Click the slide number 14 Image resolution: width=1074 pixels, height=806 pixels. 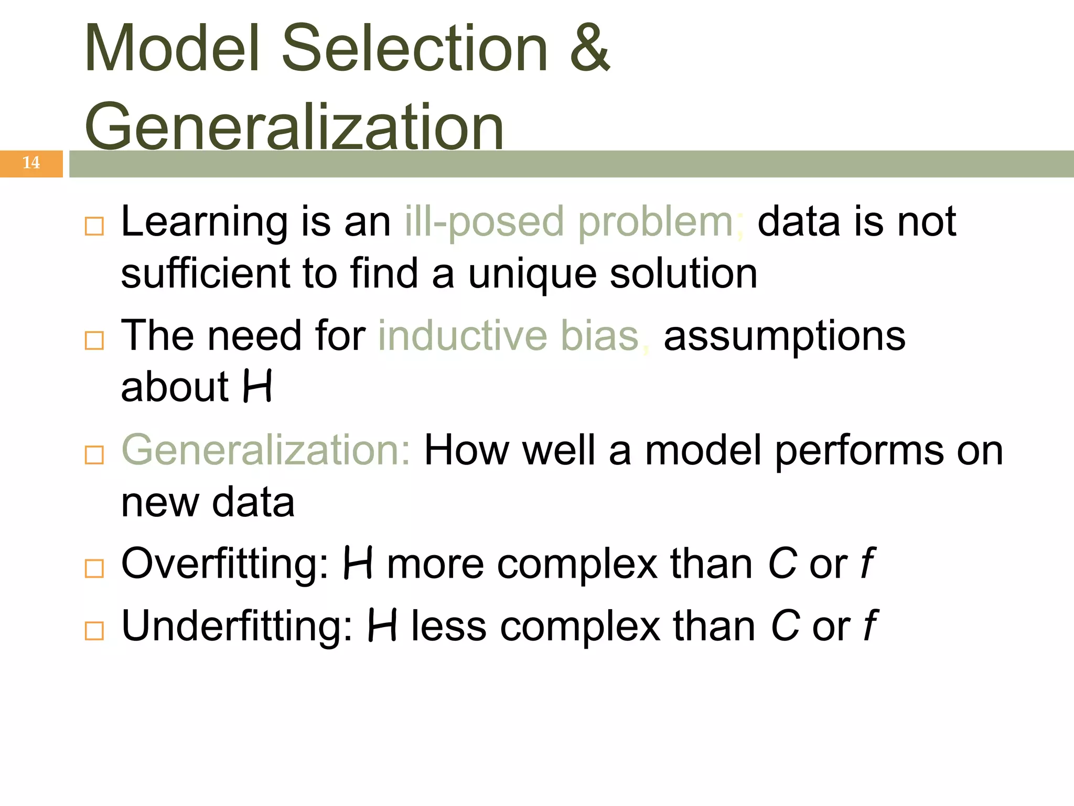coord(31,163)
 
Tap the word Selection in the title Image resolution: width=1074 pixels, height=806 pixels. coord(415,48)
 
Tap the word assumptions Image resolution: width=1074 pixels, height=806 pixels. coord(784,337)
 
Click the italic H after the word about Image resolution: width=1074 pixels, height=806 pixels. coord(257,387)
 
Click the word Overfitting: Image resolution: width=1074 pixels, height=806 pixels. coord(225,565)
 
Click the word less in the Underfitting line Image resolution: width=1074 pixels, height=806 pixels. coord(449,627)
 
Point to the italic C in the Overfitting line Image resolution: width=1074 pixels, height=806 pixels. coord(782,564)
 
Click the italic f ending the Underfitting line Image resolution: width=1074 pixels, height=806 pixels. coord(870,626)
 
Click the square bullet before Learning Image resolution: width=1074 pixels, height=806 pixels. coord(94,227)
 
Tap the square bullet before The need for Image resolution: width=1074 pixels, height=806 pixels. coord(94,341)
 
